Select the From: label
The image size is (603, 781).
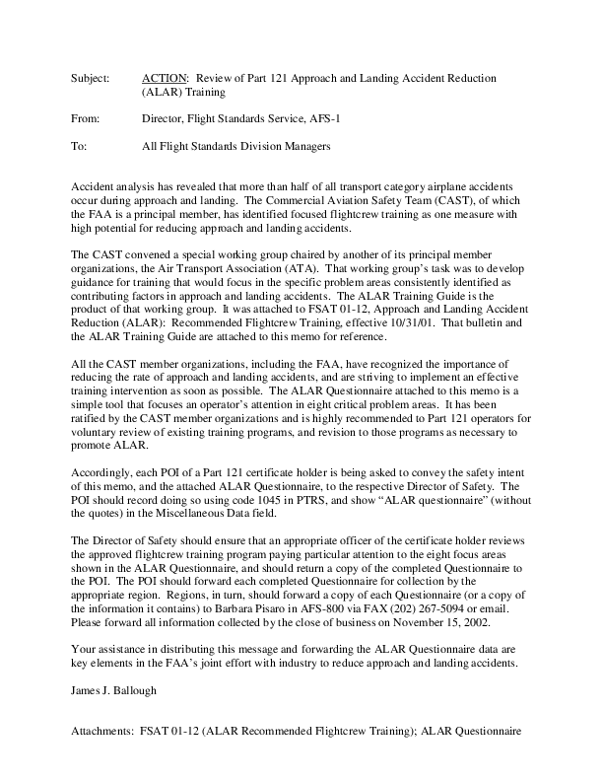pos(87,118)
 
